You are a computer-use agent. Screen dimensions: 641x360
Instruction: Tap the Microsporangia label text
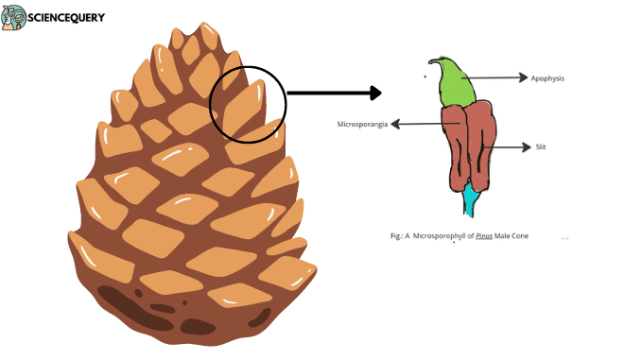pos(364,124)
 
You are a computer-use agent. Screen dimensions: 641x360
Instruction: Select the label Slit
pos(540,147)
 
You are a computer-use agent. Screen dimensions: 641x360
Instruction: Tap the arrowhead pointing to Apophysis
pos(524,78)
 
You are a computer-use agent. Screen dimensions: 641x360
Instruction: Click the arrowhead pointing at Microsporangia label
pos(395,124)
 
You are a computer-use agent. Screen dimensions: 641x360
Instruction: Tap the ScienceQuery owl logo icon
pos(13,18)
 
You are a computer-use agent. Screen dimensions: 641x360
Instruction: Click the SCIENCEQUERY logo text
pos(66,18)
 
